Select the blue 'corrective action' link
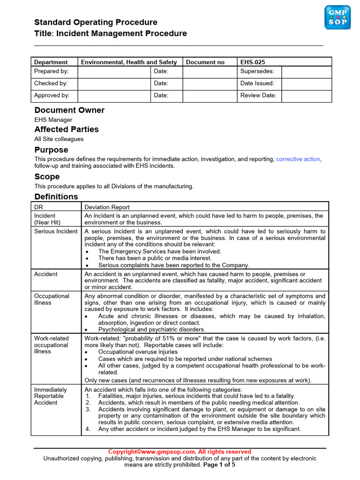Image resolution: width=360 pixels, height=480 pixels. pos(298,159)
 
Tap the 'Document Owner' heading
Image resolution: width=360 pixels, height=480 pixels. pos(69,110)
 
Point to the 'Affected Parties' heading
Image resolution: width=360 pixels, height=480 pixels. pos(67,129)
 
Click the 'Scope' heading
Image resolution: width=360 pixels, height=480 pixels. pos(47,177)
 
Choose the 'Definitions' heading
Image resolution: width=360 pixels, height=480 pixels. pos(56,197)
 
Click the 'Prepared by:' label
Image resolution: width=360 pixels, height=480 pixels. pos(52,71)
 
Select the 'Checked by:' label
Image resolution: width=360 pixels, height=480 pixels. pos(51,83)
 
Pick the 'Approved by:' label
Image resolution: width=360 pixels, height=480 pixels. pos(52,96)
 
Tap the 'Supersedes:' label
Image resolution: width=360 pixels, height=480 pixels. pos(257,71)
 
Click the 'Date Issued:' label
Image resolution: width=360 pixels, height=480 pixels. pos(257,83)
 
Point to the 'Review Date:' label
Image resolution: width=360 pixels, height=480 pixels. pos(258,96)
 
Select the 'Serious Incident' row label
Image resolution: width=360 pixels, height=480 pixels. pos(56,232)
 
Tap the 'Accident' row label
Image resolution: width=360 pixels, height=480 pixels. pos(46,274)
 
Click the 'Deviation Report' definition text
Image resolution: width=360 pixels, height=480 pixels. pos(107,207)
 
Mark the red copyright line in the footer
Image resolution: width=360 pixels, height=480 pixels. pos(180,452)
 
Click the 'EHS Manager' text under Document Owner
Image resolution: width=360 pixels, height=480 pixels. pos(53,120)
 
